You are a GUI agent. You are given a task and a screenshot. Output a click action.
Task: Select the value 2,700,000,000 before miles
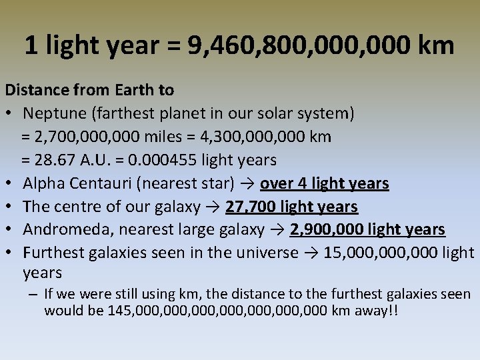(x=85, y=137)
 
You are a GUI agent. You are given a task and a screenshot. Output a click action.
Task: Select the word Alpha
(x=43, y=183)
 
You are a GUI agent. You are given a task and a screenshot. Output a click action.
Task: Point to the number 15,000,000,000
(x=385, y=253)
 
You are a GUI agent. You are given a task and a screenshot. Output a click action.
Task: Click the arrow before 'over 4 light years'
(x=249, y=183)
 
